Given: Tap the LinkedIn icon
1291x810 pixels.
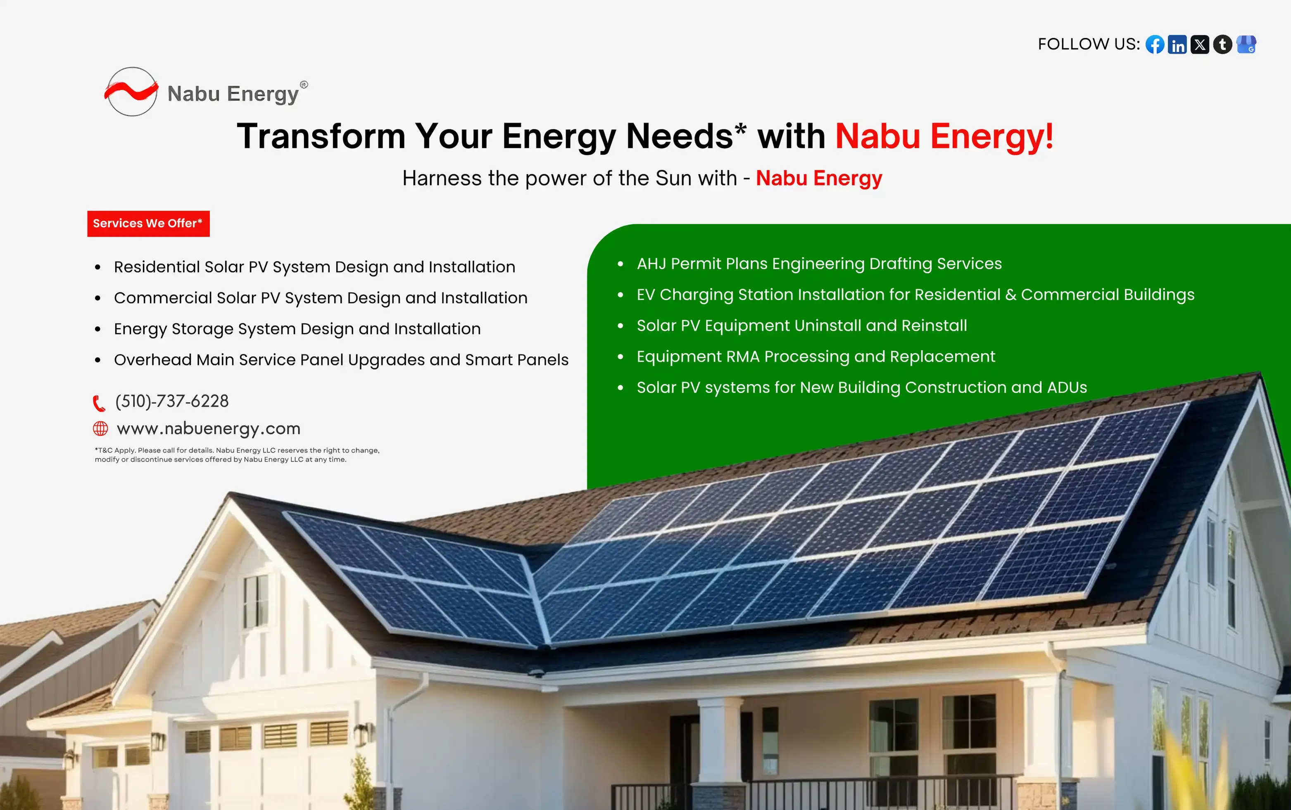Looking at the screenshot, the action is point(1177,45).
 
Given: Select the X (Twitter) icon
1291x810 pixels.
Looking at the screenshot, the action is point(1200,45).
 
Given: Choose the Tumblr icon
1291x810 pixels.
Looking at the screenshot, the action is point(1223,45).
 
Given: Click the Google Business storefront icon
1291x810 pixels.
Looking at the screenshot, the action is point(1246,45).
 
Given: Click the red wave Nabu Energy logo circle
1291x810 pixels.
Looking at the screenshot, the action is point(131,92).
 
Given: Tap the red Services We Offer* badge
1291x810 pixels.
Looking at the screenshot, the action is point(148,223).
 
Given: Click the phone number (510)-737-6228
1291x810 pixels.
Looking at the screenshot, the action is point(172,401).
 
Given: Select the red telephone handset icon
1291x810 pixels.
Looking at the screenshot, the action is point(99,403).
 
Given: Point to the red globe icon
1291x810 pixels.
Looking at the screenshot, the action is point(101,429).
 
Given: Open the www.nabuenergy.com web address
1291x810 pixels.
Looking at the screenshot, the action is point(209,429).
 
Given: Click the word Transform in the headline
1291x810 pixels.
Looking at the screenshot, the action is point(321,136).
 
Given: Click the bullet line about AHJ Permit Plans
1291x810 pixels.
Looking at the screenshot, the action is point(819,263).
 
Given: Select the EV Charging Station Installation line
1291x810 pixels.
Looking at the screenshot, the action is point(915,295).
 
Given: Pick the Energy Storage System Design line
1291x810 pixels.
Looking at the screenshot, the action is point(297,329).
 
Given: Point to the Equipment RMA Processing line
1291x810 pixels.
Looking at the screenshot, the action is point(815,357).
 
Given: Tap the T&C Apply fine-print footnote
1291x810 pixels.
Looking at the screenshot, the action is point(237,455).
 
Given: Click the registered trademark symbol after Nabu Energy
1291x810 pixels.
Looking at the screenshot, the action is point(304,85).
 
